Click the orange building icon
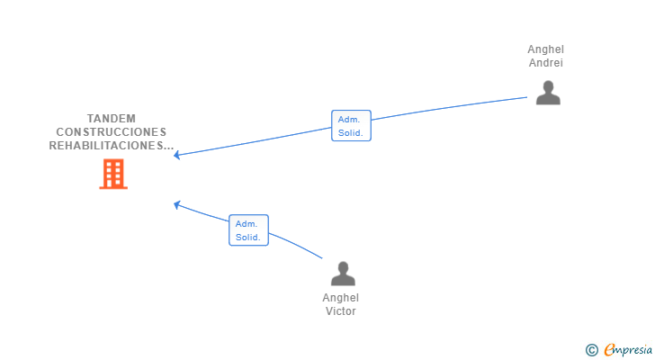click(113, 174)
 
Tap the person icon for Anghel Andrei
click(548, 93)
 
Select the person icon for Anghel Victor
click(343, 274)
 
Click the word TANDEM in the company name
click(112, 119)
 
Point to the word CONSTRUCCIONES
click(112, 132)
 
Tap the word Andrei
click(546, 63)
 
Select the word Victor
click(340, 311)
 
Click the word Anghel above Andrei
click(545, 49)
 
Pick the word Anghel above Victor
click(340, 298)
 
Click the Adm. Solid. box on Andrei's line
click(351, 126)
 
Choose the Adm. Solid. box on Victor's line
click(248, 230)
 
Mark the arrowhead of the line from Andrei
click(176, 156)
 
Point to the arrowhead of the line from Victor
click(176, 204)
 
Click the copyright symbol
click(591, 350)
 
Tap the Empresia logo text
click(628, 350)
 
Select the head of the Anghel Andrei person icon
click(548, 86)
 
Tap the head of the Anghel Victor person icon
click(343, 267)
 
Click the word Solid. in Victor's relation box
click(247, 238)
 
